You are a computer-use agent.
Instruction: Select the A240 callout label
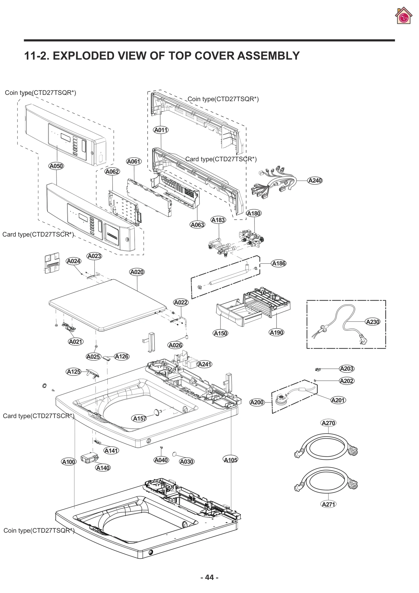(315, 181)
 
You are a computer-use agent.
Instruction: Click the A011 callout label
(161, 130)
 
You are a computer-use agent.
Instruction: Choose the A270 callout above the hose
(328, 423)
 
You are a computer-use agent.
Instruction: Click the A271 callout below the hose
(328, 504)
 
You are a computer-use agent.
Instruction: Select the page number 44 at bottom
(209, 577)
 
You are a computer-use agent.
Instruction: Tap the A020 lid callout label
(137, 272)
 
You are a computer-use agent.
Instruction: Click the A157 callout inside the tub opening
(139, 418)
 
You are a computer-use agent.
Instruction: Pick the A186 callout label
(279, 263)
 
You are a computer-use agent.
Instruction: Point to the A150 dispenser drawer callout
(220, 333)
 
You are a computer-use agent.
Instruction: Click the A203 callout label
(346, 369)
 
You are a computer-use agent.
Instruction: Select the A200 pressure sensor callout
(257, 402)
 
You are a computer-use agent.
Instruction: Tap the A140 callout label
(103, 468)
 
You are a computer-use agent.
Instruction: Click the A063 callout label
(197, 225)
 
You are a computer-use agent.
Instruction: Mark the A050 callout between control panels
(56, 166)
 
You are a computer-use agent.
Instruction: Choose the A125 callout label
(74, 372)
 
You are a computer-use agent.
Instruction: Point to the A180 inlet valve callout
(254, 213)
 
